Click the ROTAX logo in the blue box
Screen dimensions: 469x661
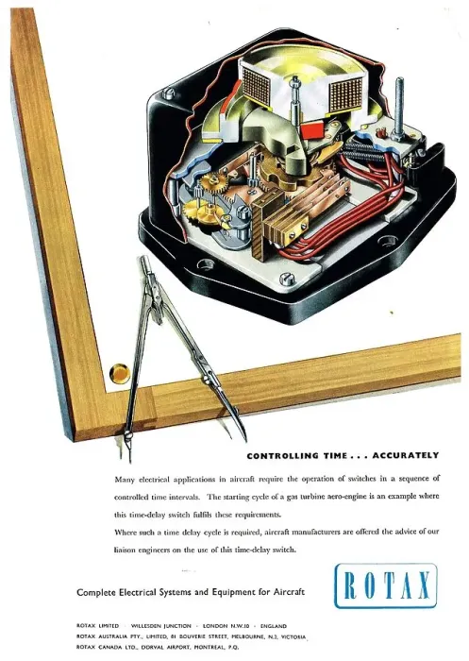click(386, 585)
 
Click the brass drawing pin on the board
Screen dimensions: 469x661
click(119, 373)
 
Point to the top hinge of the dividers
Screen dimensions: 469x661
click(145, 263)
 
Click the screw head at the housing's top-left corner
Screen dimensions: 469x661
click(168, 93)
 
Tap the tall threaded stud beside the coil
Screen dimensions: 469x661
click(399, 108)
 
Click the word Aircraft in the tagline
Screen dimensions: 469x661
click(289, 592)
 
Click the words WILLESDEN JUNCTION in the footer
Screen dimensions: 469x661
click(161, 626)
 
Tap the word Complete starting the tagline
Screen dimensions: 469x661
click(96, 592)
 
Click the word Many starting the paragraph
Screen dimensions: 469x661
click(125, 480)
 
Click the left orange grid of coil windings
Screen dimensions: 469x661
click(257, 86)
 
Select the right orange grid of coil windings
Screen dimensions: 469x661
click(346, 94)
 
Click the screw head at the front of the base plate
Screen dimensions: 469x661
click(285, 278)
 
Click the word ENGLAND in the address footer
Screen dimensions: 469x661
click(274, 626)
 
